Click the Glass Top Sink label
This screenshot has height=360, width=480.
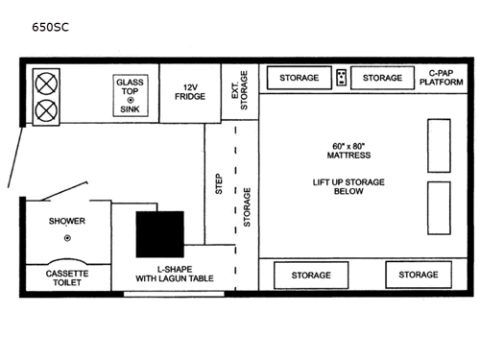point(130,94)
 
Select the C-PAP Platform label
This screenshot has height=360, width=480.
point(441,78)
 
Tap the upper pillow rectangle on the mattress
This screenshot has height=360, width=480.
point(439,145)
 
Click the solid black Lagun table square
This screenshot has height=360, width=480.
point(159,233)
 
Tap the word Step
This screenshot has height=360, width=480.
point(218,184)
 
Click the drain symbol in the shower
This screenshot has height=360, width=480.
point(66,237)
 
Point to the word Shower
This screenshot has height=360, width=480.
point(67,221)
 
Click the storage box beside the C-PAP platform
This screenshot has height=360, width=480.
point(382,77)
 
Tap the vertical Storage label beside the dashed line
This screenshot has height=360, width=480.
point(249,204)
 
